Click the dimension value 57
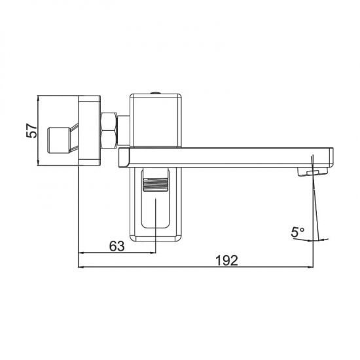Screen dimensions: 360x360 coord(31,131)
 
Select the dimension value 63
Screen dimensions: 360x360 coord(117,247)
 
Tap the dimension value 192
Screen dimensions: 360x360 coord(227,261)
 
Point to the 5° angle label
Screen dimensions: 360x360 coord(298,232)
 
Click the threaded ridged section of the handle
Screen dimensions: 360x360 coord(155,185)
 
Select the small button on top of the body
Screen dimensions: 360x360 coord(155,92)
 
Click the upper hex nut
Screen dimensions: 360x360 coord(109,121)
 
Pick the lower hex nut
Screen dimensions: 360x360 coord(109,139)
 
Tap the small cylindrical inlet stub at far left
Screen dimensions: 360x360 coord(58,140)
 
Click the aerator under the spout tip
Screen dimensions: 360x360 coord(312,171)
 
